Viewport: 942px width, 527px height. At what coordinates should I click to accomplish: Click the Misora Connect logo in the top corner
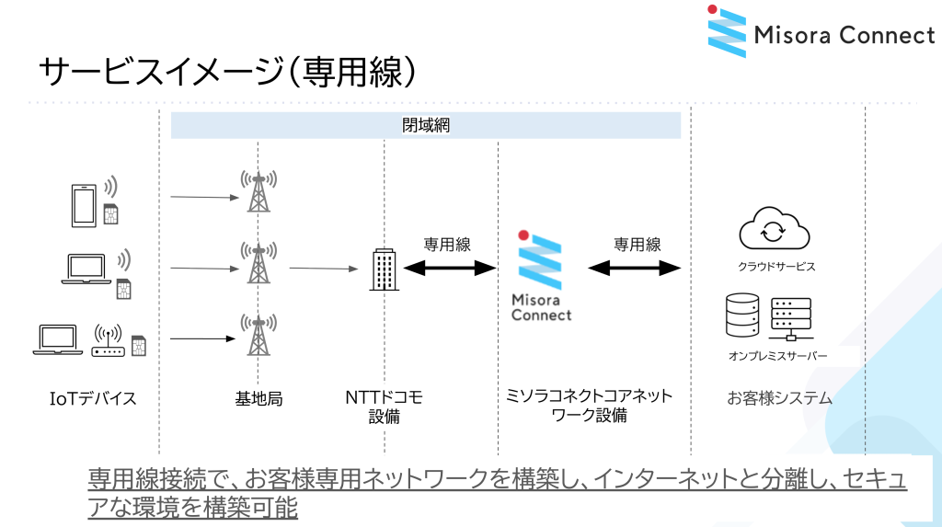[821, 33]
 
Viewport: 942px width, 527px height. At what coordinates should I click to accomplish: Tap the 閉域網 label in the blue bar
[426, 125]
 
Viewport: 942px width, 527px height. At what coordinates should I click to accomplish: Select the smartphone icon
[85, 205]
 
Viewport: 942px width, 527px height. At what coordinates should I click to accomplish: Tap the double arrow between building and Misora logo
[449, 268]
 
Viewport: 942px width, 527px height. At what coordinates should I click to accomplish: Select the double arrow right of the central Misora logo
[635, 268]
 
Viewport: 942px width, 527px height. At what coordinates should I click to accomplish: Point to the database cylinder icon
[742, 315]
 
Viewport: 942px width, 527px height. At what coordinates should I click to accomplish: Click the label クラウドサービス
[776, 267]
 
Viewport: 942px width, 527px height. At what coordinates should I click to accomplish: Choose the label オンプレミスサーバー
[777, 356]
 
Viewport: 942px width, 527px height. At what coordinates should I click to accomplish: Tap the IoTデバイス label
[93, 398]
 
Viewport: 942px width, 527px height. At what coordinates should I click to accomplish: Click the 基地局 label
[258, 398]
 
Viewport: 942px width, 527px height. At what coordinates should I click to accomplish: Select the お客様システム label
[779, 398]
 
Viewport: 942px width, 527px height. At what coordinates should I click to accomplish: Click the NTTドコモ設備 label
[384, 407]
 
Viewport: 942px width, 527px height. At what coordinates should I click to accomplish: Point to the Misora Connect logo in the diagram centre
[541, 276]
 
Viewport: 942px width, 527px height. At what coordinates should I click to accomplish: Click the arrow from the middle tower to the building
[323, 269]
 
